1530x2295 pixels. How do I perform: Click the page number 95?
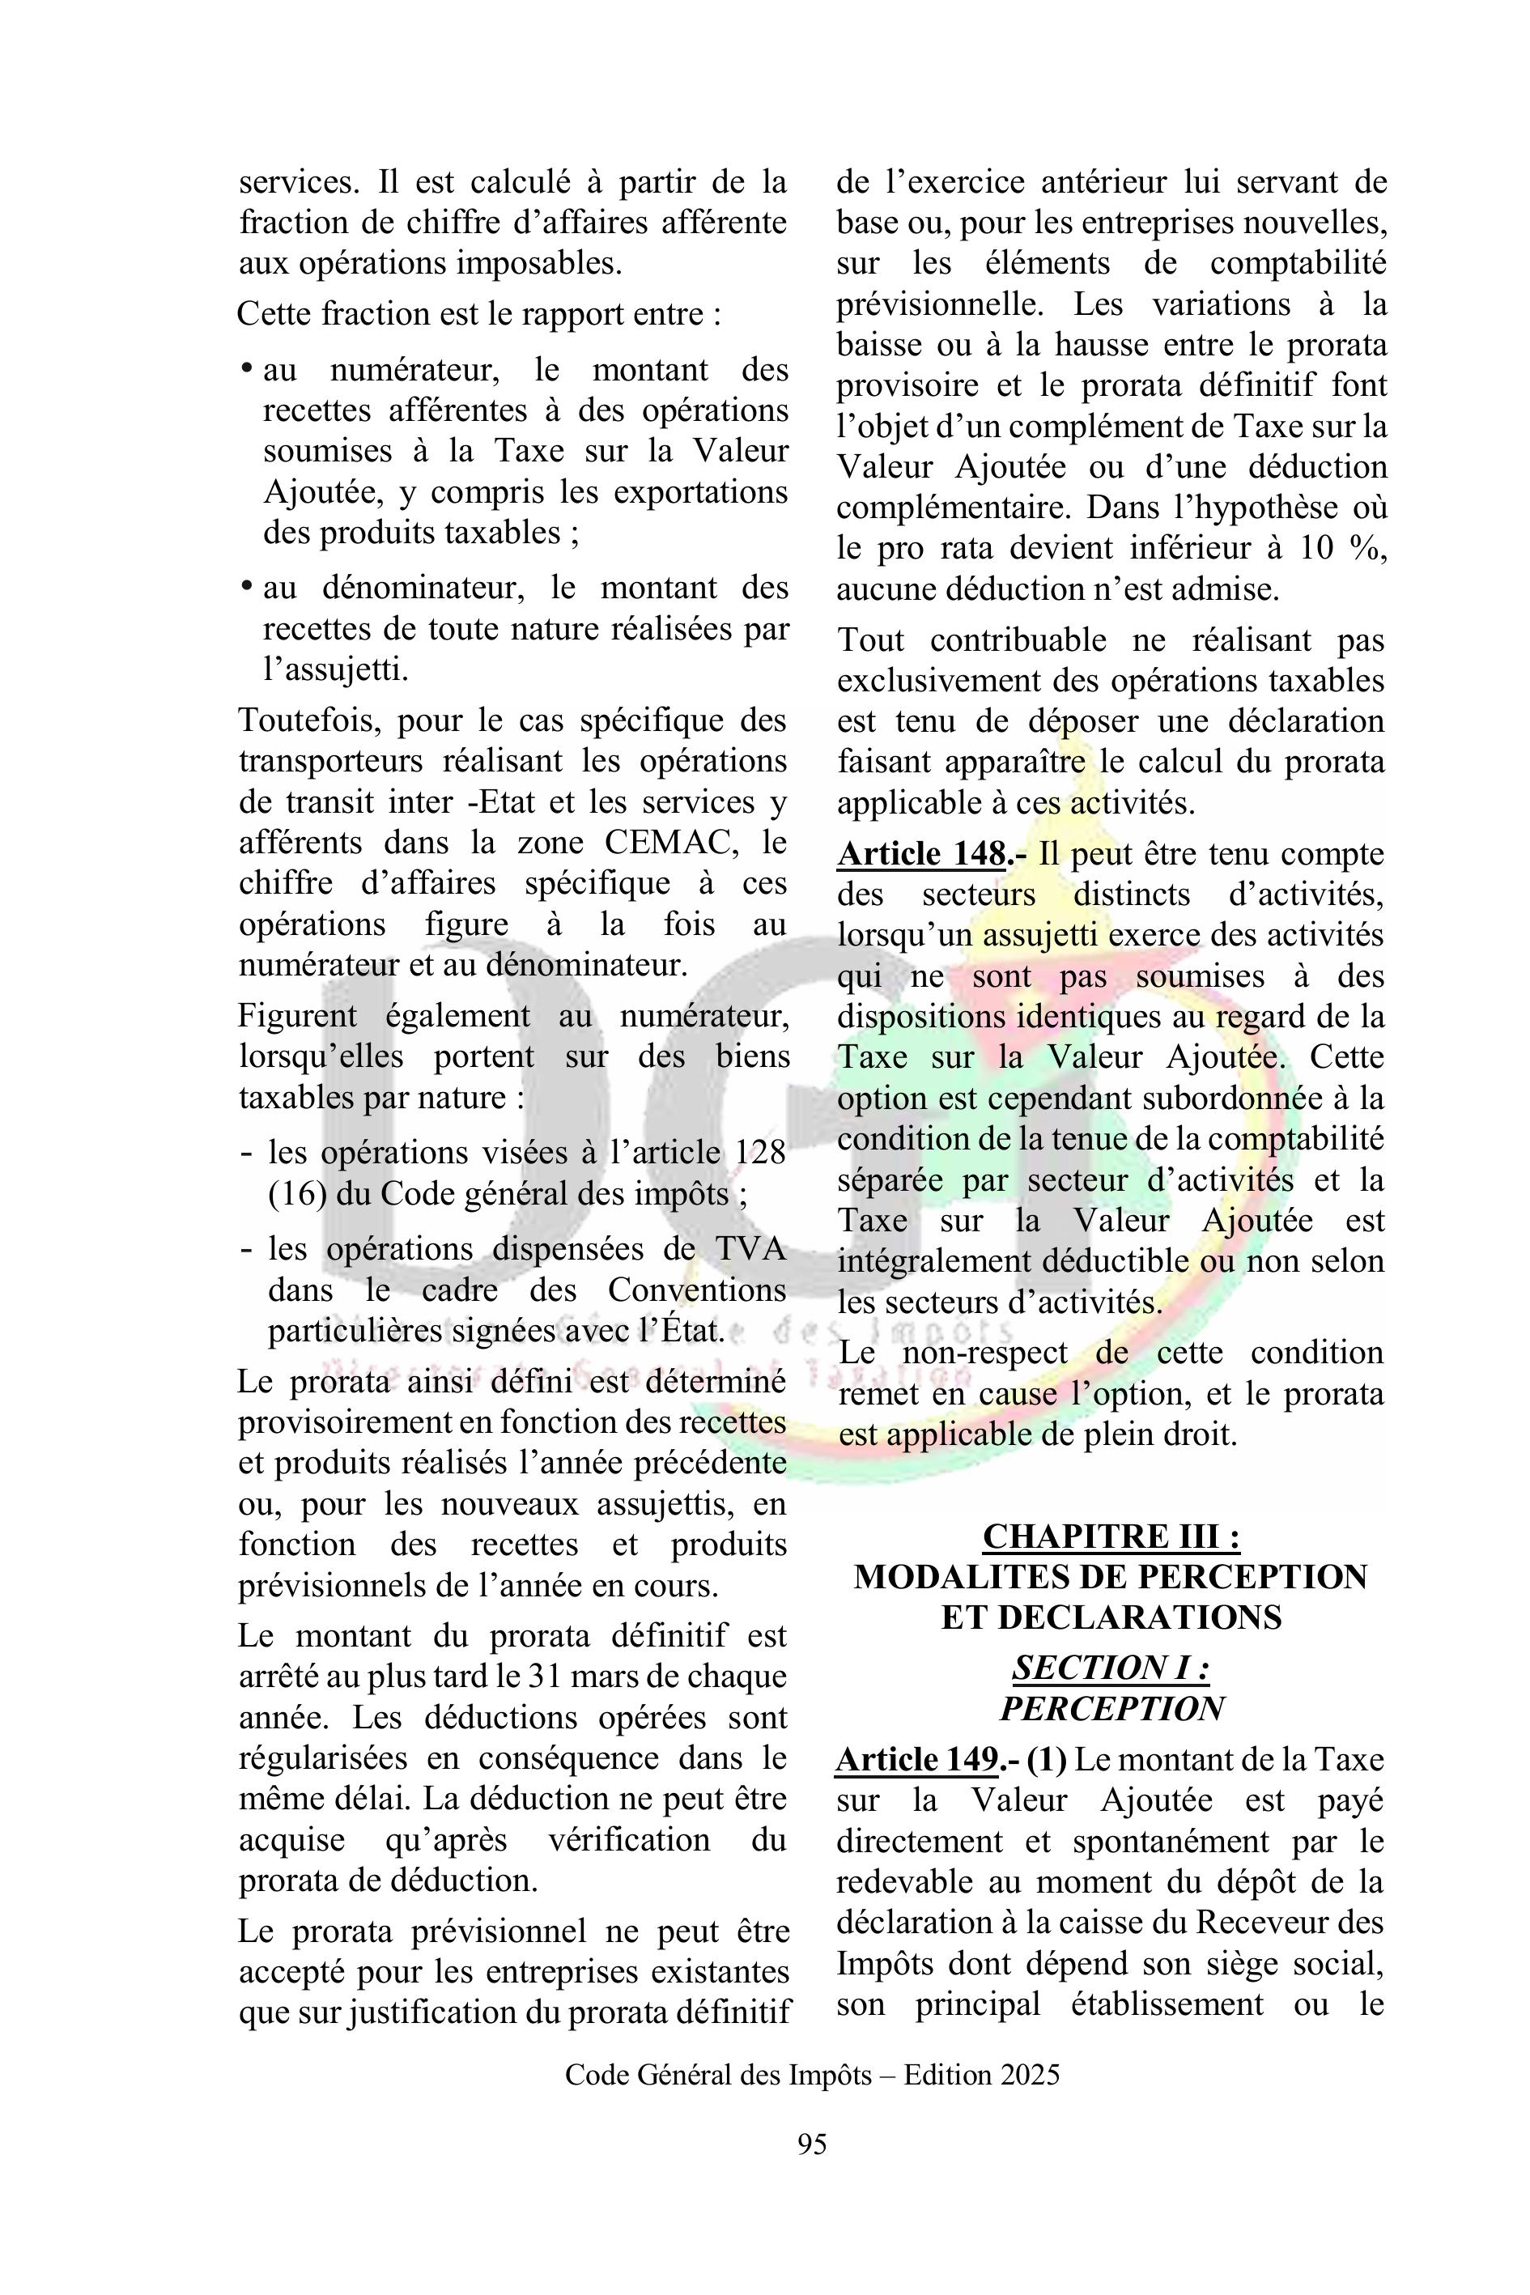click(812, 2144)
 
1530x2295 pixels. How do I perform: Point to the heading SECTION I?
click(1111, 1668)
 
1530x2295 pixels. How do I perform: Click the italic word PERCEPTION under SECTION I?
click(1111, 1709)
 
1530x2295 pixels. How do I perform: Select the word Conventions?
click(697, 1290)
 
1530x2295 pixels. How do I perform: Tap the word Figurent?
click(298, 1016)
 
